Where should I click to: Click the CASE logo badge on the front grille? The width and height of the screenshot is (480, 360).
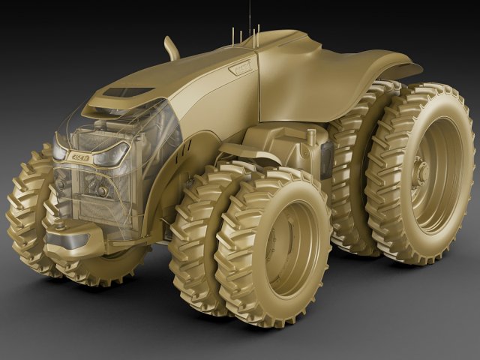[79, 157]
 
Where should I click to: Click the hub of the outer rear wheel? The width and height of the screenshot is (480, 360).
[424, 174]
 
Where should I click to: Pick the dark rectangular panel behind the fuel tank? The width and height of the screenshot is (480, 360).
[326, 158]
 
